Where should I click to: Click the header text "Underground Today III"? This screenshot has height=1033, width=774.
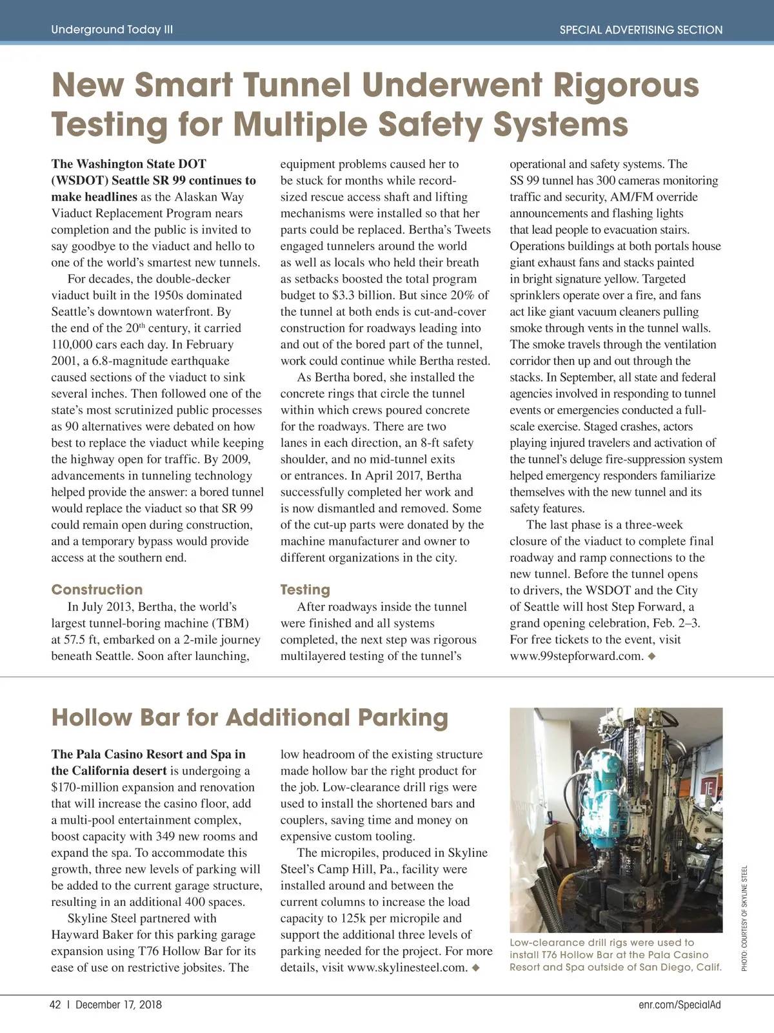(112, 30)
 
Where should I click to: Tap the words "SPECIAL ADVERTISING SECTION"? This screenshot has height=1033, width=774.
(640, 30)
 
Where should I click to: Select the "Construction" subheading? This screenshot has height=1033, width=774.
(97, 589)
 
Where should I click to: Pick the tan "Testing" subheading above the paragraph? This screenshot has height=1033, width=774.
(304, 589)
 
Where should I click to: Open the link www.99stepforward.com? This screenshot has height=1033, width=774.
(576, 656)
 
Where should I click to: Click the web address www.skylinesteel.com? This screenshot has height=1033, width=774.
(406, 967)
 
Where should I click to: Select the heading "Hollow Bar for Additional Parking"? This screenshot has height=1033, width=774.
(249, 717)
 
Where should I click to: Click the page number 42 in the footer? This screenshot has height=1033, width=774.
(55, 1005)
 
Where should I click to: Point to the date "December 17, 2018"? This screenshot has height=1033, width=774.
(119, 1005)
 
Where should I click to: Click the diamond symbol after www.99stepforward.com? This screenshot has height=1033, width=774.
(651, 656)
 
